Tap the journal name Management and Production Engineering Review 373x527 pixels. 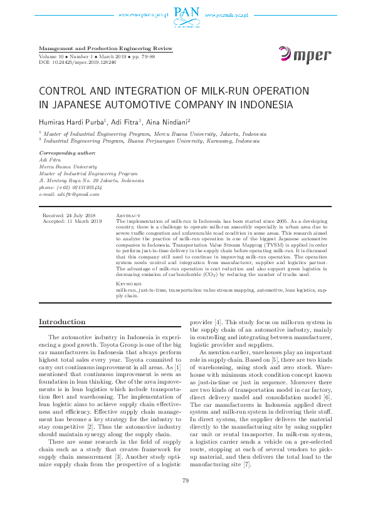pyautogui.click(x=105, y=48)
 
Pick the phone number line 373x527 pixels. pyautogui.click(x=70, y=187)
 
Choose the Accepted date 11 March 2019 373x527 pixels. pyautogui.click(x=71, y=222)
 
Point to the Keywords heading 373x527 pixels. pyautogui.click(x=130, y=284)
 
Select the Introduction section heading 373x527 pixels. pyautogui.click(x=62, y=322)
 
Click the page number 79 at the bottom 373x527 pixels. pyautogui.click(x=186, y=498)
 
